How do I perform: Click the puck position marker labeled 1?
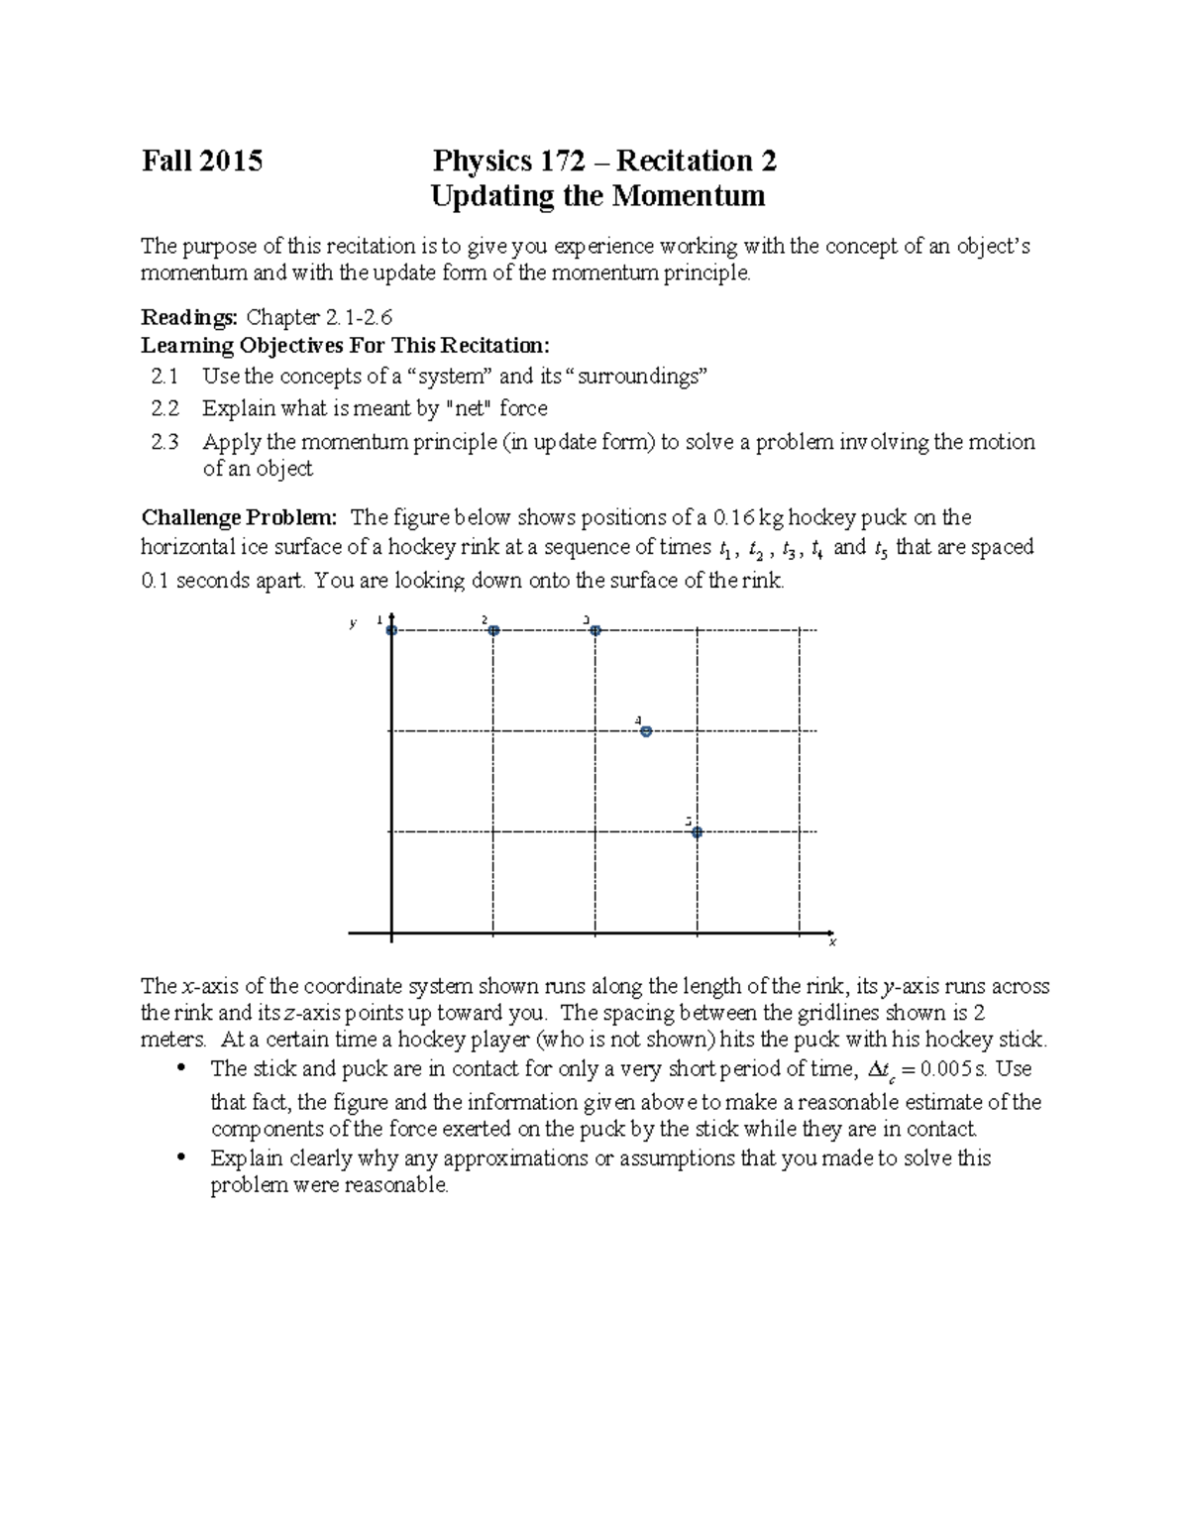391,630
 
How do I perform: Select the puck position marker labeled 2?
493,630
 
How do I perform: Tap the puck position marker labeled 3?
595,630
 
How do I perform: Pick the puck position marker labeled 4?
646,731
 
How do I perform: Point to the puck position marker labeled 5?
697,832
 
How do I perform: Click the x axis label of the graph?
832,941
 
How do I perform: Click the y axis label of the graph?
352,623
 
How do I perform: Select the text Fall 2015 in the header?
202,162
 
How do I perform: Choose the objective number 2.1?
165,377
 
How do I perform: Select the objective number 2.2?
165,408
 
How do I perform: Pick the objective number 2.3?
165,442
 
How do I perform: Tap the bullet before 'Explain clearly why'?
180,1158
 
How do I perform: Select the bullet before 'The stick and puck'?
180,1069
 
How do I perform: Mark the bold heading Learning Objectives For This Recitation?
344,346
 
